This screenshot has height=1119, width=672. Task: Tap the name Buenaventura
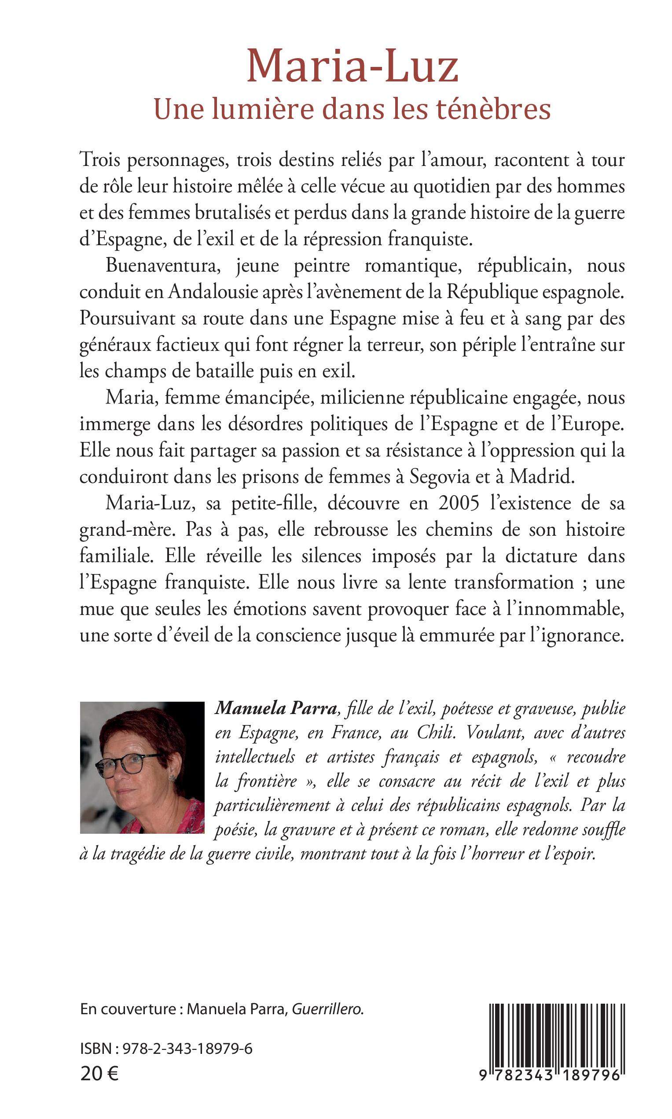click(163, 266)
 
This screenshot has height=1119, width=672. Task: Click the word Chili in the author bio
click(435, 732)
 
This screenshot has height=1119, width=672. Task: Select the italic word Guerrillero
click(327, 1009)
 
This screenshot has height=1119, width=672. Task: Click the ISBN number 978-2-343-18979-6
click(187, 1049)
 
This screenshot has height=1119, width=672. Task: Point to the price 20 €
click(99, 1074)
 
